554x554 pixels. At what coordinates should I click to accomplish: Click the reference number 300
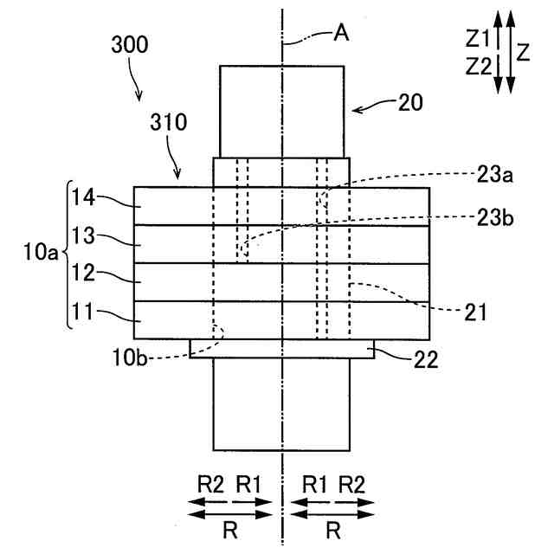coord(129,47)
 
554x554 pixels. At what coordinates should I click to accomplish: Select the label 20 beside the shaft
coord(411,103)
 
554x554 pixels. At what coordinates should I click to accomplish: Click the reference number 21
coord(474,309)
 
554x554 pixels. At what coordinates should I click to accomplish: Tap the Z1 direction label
coord(478,38)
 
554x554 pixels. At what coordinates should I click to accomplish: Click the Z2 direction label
coord(478,65)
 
